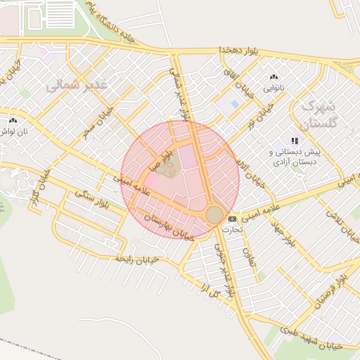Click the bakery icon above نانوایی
click(x=274, y=77)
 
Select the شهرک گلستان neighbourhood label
click(x=319, y=114)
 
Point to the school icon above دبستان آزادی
click(x=294, y=141)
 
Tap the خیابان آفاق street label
click(x=233, y=77)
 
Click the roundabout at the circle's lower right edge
click(x=214, y=214)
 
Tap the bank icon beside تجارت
click(x=233, y=219)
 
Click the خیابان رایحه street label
click(x=138, y=259)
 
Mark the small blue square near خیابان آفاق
click(x=234, y=104)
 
